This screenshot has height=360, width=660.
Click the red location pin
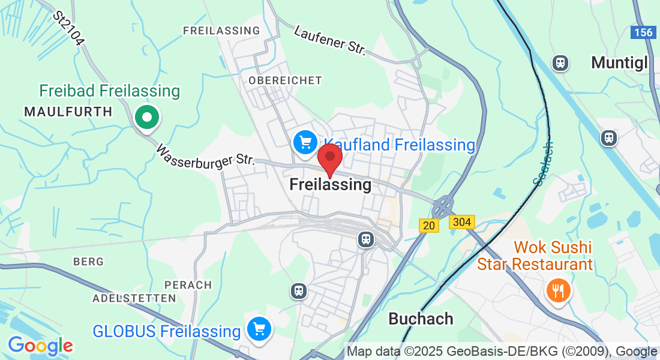[x=329, y=158]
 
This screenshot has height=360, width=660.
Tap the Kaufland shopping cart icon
[x=304, y=142]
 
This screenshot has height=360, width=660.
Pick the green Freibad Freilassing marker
[x=146, y=116]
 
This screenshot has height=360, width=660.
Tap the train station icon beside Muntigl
[x=560, y=62]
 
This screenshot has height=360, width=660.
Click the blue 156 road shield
[x=643, y=32]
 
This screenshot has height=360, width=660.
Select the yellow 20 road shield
[x=428, y=225]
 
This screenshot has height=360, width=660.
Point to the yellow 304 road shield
[x=462, y=222]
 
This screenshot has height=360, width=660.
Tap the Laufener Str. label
[x=330, y=40]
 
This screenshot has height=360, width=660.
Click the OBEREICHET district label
[x=285, y=80]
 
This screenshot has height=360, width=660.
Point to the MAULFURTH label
[x=68, y=112]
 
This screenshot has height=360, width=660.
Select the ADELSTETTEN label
[x=134, y=298]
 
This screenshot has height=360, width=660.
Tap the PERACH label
[x=191, y=285]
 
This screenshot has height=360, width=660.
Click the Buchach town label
[x=421, y=319]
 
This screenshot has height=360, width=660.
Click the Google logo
[x=40, y=346]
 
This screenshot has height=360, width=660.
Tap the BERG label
[x=88, y=262]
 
